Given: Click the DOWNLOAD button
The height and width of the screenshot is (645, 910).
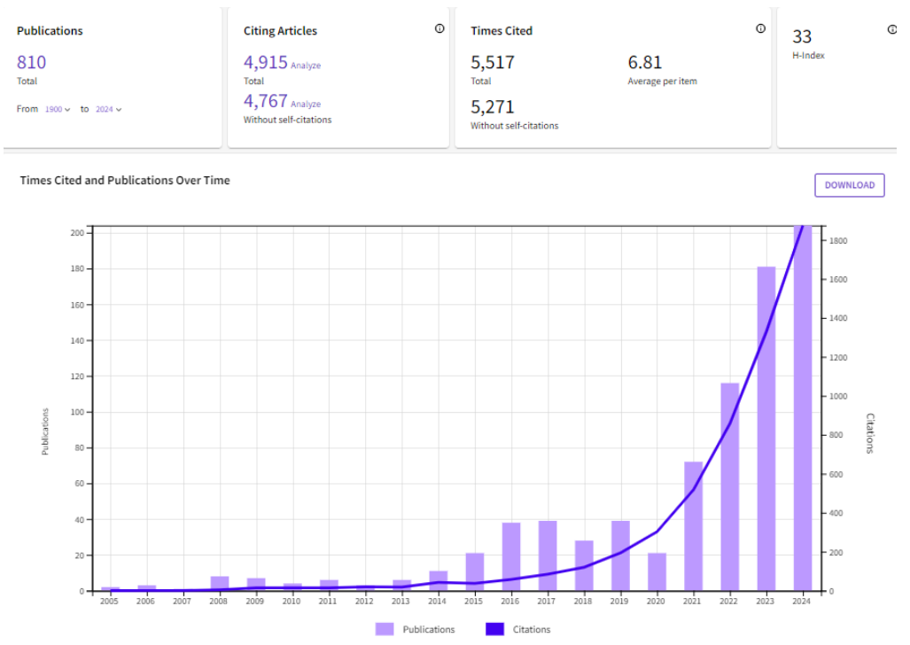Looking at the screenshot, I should point(849,185).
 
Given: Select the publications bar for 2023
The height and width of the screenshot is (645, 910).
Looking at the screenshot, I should point(766,429).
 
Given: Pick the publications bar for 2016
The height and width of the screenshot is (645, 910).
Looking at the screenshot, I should point(511,556).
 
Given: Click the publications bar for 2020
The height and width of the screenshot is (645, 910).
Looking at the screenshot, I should point(657,571).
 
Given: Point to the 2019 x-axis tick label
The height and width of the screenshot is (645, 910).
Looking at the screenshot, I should point(620,601).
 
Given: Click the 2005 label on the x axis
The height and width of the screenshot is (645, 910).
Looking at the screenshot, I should point(110,601).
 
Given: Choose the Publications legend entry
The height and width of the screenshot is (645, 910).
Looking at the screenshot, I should point(416,629).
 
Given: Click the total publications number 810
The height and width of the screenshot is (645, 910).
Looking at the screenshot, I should point(31,62).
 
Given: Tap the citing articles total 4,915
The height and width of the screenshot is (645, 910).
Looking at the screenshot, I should point(265,62).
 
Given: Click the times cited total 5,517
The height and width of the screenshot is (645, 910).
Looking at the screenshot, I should point(493,62).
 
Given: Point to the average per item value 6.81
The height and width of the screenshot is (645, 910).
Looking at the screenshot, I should point(644,62).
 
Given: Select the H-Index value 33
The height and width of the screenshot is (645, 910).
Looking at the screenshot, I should point(802,36).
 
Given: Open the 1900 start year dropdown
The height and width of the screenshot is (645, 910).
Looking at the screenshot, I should point(58,109).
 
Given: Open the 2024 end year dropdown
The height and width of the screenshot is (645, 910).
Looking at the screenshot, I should point(108,109).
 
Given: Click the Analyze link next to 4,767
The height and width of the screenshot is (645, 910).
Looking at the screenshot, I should point(306,105).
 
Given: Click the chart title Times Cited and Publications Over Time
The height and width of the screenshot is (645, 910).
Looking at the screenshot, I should point(125,180).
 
